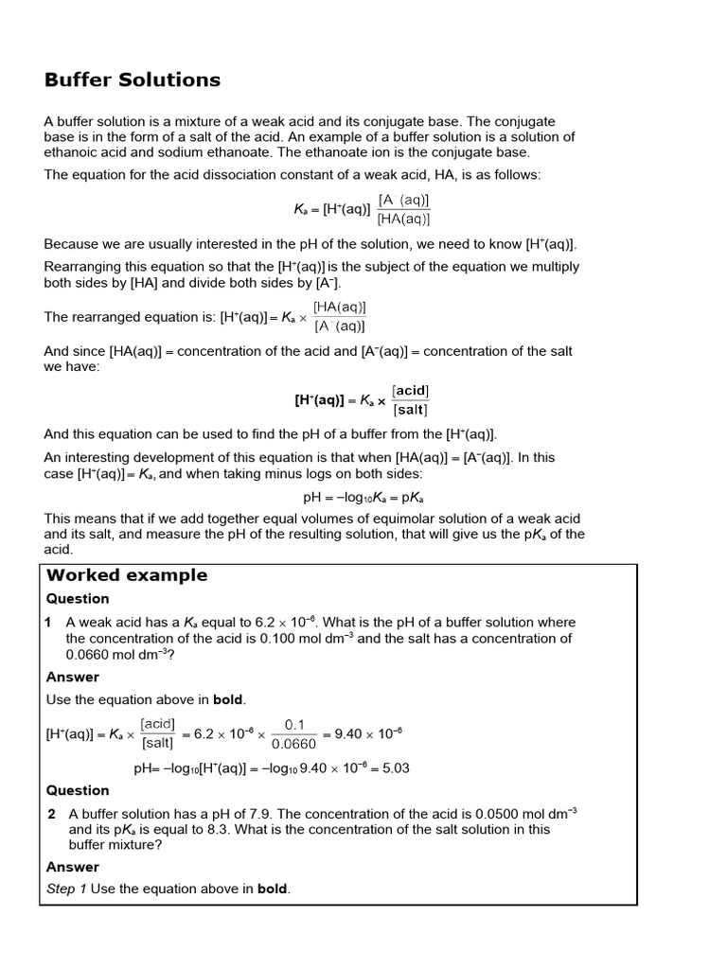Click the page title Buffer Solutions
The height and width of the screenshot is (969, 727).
(133, 80)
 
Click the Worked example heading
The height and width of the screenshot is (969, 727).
(127, 575)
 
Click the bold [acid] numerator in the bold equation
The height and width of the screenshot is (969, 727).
(411, 391)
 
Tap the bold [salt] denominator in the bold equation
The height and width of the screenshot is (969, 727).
(411, 410)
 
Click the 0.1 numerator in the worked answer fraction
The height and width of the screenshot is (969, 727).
(294, 725)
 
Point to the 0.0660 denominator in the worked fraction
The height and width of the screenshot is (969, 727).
(294, 744)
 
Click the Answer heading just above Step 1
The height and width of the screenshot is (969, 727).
(73, 867)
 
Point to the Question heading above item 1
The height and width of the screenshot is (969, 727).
(78, 599)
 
